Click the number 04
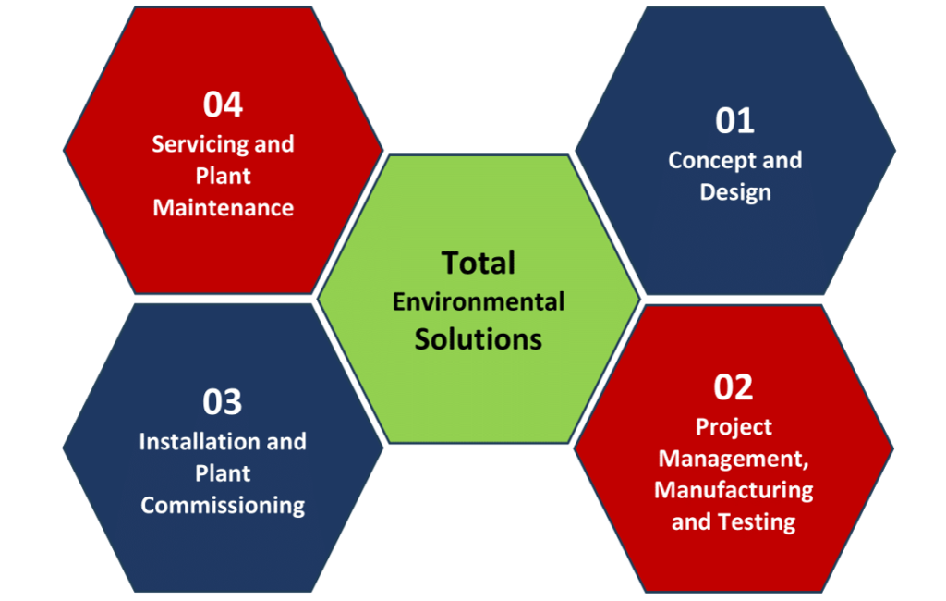pos(223,104)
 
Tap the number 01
pos(734,121)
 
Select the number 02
pos(733,387)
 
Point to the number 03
pos(222,401)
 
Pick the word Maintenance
pos(224,208)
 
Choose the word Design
pos(735,192)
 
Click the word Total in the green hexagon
pos(478,263)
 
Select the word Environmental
pos(479,301)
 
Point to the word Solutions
pos(478,338)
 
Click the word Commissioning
pos(223,506)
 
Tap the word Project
pos(734,427)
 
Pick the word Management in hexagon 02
pos(733,459)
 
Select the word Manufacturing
pos(734,490)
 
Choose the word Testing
pos(758,522)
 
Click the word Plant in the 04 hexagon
pos(223,177)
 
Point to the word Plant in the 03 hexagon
pos(222,473)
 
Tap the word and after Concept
pos(782,161)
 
